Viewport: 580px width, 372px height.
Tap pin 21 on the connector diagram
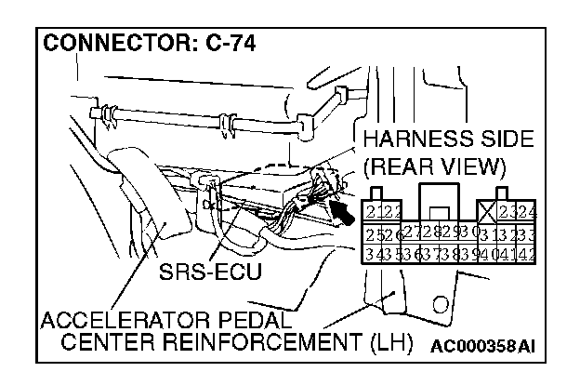pyautogui.click(x=375, y=211)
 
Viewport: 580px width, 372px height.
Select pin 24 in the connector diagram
pyautogui.click(x=528, y=211)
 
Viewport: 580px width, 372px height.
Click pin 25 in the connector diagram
pyautogui.click(x=374, y=234)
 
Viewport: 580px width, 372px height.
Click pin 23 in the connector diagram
pyautogui.click(x=507, y=211)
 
